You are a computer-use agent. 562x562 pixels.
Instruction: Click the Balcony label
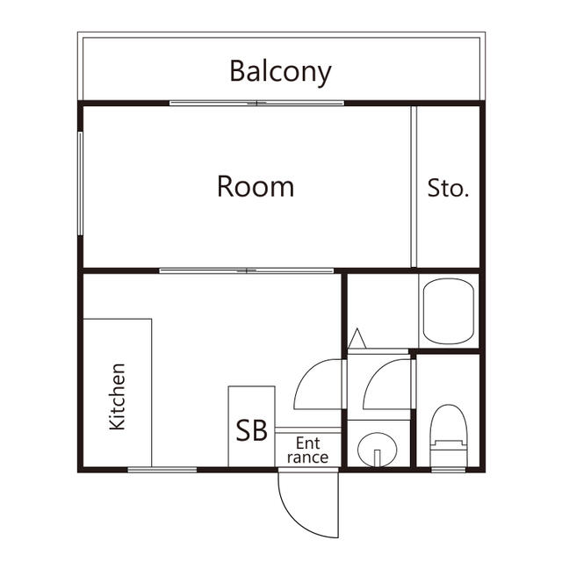pos(280,73)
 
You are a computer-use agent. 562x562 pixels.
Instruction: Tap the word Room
pos(256,186)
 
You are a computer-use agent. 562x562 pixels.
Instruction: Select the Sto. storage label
pos(448,188)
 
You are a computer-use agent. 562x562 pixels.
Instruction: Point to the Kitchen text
pos(118,397)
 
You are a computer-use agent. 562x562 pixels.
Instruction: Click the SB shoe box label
pos(252,430)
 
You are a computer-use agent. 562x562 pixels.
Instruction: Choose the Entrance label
pos(307,450)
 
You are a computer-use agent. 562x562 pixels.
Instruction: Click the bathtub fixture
pos(449,312)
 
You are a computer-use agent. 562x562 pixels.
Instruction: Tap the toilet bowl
pos(449,425)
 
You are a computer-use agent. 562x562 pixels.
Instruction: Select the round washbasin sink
pos(377,449)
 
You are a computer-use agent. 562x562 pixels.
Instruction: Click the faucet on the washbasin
pos(377,458)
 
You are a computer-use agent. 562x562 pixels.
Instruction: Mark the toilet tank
pos(449,454)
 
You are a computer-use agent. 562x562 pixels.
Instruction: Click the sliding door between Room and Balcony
pos(256,104)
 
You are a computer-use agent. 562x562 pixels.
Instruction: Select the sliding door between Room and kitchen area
pos(247,270)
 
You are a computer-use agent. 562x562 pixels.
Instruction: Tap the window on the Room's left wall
pos(80,184)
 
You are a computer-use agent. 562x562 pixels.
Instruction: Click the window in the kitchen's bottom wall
pos(162,470)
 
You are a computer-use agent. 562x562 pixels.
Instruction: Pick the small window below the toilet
pos(448,470)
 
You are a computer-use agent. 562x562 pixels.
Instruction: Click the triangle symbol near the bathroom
pos(357,338)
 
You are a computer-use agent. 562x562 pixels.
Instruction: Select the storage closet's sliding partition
pos(414,186)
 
